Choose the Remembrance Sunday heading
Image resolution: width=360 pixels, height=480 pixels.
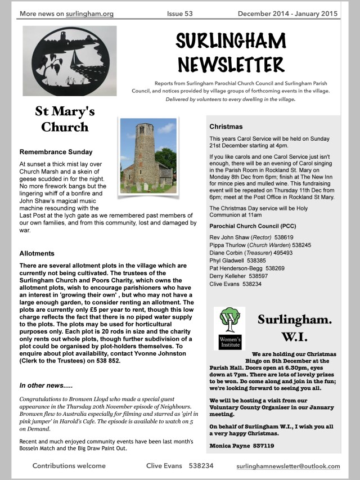(56, 152)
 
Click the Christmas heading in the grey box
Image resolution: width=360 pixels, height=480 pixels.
(226, 127)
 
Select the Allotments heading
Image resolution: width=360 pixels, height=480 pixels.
(37, 254)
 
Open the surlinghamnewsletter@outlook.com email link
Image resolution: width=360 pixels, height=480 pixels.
(288, 466)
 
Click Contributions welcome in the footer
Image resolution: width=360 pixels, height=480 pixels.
(69, 466)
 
